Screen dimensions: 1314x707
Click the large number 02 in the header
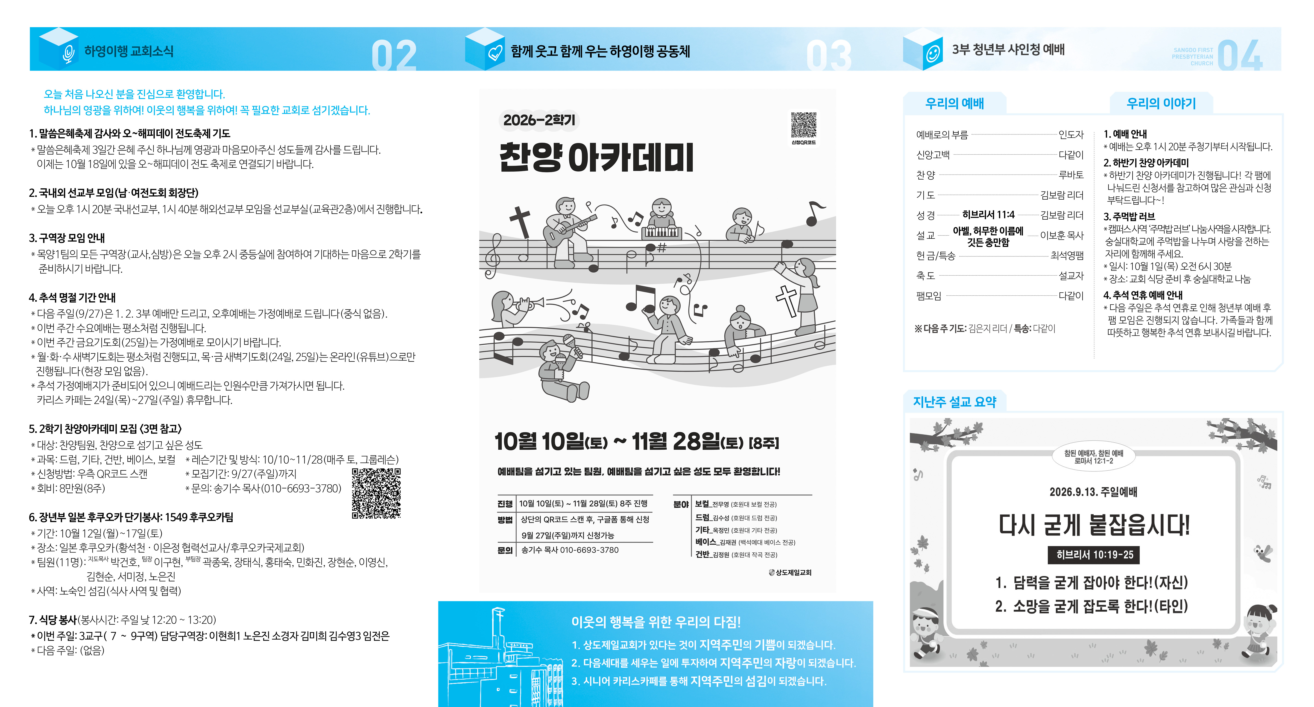pyautogui.click(x=394, y=55)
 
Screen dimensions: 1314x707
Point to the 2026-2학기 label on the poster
pyautogui.click(x=539, y=120)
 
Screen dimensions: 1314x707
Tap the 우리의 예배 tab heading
pyautogui.click(x=954, y=103)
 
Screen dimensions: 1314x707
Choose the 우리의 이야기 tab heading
pyautogui.click(x=1161, y=103)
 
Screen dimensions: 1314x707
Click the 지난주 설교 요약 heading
pyautogui.click(x=954, y=402)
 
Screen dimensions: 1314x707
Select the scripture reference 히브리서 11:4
pyautogui.click(x=988, y=215)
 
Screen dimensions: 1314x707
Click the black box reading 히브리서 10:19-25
pyautogui.click(x=1094, y=555)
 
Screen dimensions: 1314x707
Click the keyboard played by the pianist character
pyautogui.click(x=661, y=233)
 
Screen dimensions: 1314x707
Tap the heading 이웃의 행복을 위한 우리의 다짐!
pyautogui.click(x=656, y=622)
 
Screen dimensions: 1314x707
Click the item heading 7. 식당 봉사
pyautogui.click(x=53, y=620)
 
